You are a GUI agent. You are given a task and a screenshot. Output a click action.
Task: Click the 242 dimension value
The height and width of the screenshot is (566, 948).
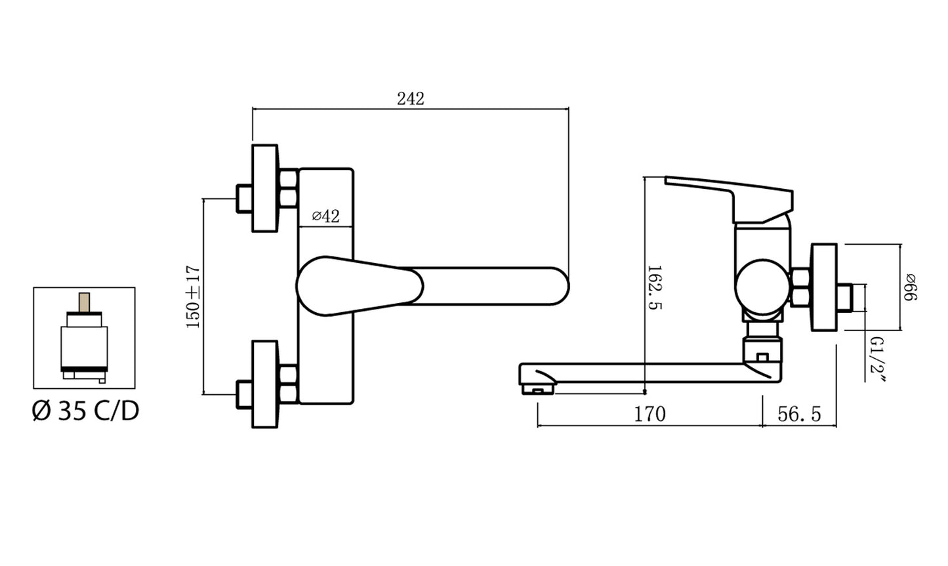(411, 99)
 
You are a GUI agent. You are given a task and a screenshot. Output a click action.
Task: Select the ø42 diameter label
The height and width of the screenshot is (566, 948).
(325, 216)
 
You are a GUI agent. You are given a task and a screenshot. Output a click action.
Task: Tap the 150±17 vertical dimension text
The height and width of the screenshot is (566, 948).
(193, 296)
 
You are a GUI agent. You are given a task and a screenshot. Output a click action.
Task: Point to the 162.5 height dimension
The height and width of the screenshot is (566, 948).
(655, 288)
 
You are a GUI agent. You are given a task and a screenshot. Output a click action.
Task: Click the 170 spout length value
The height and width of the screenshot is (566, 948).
(649, 414)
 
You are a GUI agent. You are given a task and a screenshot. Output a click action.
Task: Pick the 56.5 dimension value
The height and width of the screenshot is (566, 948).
(799, 414)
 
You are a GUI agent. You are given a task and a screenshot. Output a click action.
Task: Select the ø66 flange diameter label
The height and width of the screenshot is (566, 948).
(910, 287)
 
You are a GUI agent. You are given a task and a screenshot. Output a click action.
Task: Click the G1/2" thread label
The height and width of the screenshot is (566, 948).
(877, 360)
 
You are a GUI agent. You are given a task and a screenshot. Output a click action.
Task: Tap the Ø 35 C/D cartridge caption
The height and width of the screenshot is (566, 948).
(85, 411)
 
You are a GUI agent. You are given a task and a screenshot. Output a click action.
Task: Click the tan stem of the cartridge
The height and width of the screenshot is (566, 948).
(84, 302)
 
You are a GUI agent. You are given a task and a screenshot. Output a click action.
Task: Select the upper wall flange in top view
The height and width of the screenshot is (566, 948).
(265, 188)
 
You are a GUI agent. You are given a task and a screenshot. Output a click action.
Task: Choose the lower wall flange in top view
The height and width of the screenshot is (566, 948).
(265, 384)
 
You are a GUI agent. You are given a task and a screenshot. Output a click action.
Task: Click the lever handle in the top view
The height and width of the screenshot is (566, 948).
(360, 286)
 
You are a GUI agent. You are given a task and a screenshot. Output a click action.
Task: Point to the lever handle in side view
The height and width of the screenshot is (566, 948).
(729, 199)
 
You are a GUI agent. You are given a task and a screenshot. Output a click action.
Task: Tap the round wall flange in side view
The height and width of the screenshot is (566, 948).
(824, 287)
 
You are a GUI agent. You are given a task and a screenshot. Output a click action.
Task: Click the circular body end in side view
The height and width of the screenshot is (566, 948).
(762, 287)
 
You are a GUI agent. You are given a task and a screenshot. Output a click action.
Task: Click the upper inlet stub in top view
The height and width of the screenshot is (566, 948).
(244, 199)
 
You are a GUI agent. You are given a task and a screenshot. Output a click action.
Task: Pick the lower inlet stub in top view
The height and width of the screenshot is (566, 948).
(244, 395)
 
